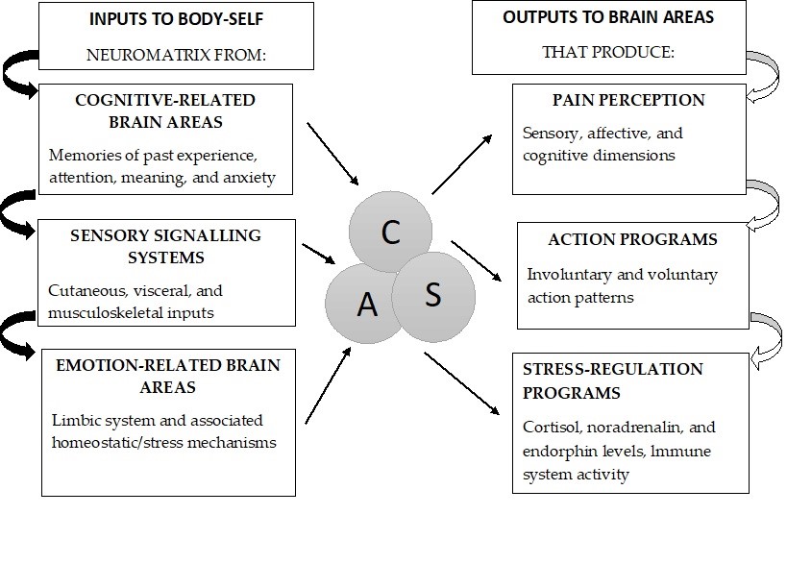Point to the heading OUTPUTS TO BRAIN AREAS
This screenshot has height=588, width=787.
(x=596, y=18)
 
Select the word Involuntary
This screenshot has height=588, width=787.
(x=568, y=275)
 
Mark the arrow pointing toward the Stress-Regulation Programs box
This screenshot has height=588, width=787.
(x=462, y=384)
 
